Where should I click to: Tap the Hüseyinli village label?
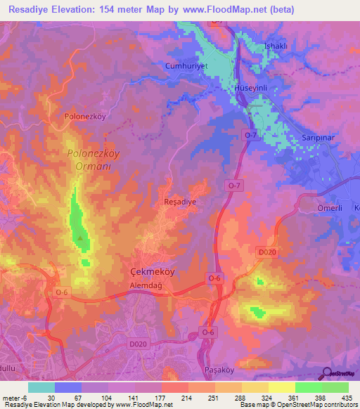click(x=257, y=99)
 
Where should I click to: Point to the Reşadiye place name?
click(x=179, y=201)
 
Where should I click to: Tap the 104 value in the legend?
click(x=96, y=398)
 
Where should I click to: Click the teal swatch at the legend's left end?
click(x=41, y=387)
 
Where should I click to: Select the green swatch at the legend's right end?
click(x=335, y=387)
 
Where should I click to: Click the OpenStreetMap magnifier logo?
click(x=327, y=374)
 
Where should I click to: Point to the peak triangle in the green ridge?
click(x=82, y=238)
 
